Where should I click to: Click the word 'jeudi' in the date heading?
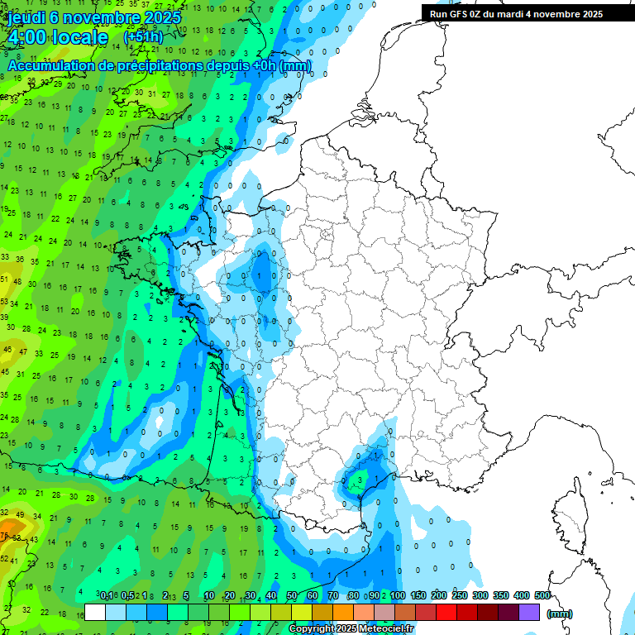pyautogui.click(x=27, y=18)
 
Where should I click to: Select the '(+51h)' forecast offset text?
pyautogui.click(x=142, y=38)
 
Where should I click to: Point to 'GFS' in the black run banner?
pyautogui.click(x=458, y=14)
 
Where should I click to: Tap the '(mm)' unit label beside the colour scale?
pyautogui.click(x=559, y=614)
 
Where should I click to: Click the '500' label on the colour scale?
pyautogui.click(x=542, y=595)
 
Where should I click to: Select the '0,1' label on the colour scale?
pyautogui.click(x=107, y=595)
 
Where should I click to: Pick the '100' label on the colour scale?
pyautogui.click(x=398, y=595)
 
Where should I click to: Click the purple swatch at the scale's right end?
pyautogui.click(x=529, y=613)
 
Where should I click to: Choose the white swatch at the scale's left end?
pyautogui.click(x=95, y=613)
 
